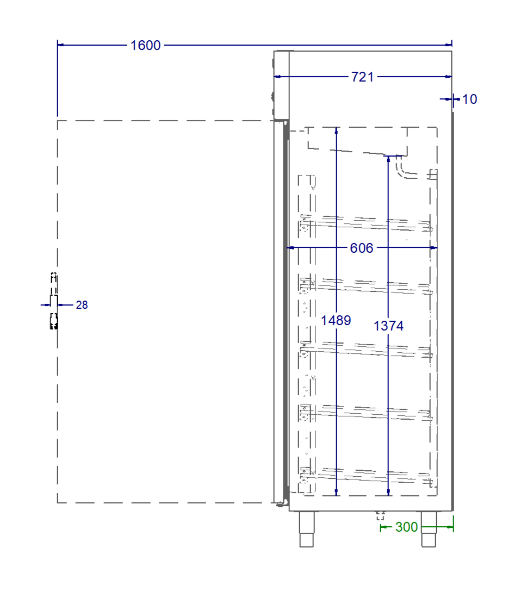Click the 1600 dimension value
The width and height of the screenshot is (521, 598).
(x=145, y=45)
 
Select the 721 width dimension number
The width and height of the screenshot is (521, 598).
(x=362, y=77)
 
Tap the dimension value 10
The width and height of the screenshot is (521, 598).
(x=469, y=99)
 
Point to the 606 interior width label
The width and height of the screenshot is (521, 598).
(x=362, y=248)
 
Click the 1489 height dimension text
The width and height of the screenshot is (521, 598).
(x=336, y=321)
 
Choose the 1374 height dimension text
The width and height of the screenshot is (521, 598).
(x=388, y=326)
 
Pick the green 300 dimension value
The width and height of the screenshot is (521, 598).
(x=406, y=527)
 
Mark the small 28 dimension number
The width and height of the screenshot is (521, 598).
(x=82, y=306)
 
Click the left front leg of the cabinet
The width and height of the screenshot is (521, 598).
(x=307, y=530)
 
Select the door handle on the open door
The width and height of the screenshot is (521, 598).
(x=53, y=301)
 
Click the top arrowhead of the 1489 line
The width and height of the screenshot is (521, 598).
(x=337, y=130)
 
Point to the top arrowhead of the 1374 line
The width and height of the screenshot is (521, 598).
(x=388, y=158)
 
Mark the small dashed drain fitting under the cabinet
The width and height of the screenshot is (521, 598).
(x=380, y=515)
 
